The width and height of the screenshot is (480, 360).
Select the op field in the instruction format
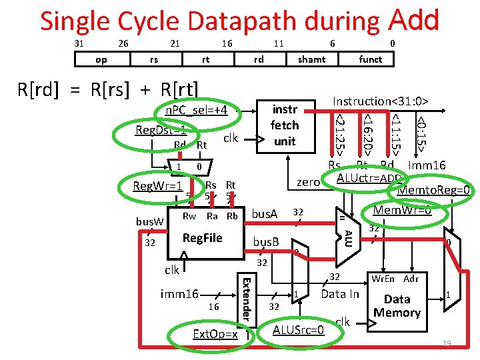pos(101,59)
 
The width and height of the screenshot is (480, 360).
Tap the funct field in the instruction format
pos(370,59)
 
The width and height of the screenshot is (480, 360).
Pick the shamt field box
pos(311,59)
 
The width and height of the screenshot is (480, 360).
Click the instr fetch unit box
pos(285,125)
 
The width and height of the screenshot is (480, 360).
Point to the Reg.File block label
pos(202,238)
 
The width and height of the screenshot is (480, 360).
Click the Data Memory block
pos(397,306)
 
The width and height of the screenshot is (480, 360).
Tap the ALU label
pos(347,236)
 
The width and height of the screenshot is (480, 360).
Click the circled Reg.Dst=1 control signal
pos(161,129)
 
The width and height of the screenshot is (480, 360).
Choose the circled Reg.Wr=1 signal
pos(158,185)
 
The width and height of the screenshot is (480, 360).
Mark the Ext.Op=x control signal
pos(214,333)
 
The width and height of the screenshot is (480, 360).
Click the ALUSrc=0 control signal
pos(299,329)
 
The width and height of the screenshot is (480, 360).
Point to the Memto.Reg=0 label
pos(434,191)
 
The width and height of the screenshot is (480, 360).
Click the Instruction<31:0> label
pos(380,101)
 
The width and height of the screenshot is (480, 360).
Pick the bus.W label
pos(150,221)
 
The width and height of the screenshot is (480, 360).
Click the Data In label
pos(340,294)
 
